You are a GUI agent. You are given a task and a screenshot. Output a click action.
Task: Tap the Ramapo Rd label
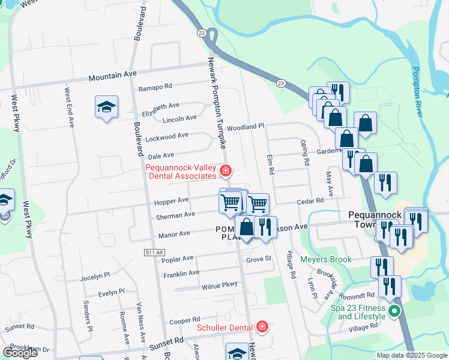pos(155,88)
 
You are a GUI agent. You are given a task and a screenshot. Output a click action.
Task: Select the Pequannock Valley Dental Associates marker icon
pos(226,172)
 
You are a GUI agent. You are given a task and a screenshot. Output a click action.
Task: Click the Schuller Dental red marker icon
pos(262,327)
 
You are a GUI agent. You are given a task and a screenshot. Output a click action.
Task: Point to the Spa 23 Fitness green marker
pos(394,311)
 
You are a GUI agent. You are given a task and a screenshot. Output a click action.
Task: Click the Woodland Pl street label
pos(246,127)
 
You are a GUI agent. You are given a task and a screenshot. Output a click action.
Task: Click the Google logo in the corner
pos(20,353)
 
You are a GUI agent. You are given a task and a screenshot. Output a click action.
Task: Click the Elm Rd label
pos(271,163)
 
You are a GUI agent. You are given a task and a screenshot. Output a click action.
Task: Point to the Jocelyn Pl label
pos(95,277)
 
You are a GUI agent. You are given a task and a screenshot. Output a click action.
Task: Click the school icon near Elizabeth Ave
pos(106,107)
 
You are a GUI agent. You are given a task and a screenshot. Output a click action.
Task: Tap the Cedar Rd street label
pos(310,202)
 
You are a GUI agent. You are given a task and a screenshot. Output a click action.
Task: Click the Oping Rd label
pos(305,153)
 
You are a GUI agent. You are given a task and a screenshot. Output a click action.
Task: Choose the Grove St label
pos(259,260)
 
